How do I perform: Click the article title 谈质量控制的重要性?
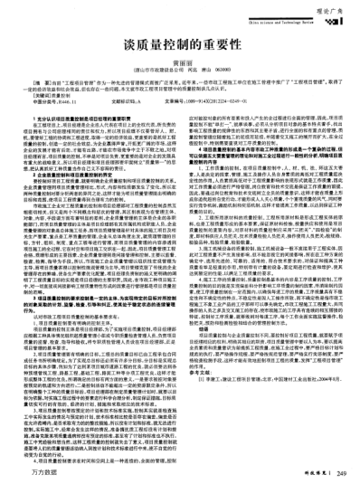click(x=180, y=43)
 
